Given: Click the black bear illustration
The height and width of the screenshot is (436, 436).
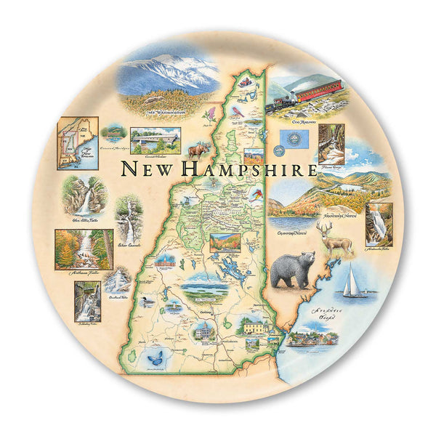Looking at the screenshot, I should point(292,270).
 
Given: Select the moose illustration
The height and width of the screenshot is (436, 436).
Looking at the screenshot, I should point(198,150).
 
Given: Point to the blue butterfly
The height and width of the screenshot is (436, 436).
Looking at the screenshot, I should point(155,357).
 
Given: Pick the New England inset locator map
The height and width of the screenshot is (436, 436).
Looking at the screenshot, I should point(78,142).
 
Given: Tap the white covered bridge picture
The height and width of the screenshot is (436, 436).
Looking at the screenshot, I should point(155,139).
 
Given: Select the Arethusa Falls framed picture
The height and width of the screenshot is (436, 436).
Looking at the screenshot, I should point(84,249).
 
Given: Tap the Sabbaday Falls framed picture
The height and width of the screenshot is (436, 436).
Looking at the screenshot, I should point(86,301).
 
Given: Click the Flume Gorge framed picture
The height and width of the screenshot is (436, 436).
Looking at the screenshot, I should point(331,145).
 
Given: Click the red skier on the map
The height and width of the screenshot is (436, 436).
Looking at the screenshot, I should point(255,195).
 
